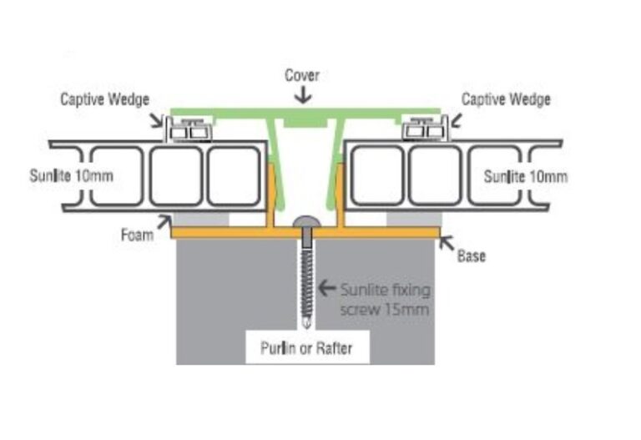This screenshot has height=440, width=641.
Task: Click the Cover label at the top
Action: click(301, 75)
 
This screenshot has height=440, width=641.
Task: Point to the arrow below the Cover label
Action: click(303, 96)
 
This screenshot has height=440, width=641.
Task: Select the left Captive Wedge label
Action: click(104, 99)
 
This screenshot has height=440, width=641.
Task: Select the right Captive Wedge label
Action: click(506, 99)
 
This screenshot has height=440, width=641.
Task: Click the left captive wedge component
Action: click(189, 129)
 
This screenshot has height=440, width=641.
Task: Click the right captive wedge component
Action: click(425, 129)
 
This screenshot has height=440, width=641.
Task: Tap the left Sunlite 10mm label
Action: click(71, 176)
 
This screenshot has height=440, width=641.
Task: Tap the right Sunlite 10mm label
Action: click(526, 177)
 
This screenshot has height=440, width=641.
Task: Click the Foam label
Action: click(137, 235)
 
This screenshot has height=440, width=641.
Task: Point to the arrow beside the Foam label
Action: click(164, 222)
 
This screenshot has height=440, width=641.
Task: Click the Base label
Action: click(472, 256)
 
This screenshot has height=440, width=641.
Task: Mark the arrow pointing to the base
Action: click(447, 243)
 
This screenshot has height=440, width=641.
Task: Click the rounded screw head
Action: click(306, 221)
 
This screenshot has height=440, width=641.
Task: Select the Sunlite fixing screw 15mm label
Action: click(385, 300)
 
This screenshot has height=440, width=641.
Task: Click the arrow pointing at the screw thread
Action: click(327, 288)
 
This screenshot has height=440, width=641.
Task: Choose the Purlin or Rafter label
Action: click(306, 348)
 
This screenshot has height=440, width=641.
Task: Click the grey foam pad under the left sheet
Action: click(200, 220)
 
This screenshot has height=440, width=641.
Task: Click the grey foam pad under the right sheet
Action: click(414, 220)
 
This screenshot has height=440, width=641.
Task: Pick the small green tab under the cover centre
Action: click(306, 122)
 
